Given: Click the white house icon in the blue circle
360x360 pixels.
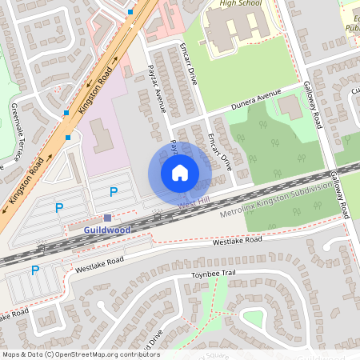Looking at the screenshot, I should coord(180,172).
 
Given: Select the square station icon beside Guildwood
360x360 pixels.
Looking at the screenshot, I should coord(108,218).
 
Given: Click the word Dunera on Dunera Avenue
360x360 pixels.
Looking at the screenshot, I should coord(245,102).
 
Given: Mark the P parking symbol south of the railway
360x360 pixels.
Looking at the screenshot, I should coord(34,270).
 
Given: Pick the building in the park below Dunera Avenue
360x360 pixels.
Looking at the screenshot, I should coord(290,108).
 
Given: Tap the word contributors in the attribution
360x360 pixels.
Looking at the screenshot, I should coord(137,354).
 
